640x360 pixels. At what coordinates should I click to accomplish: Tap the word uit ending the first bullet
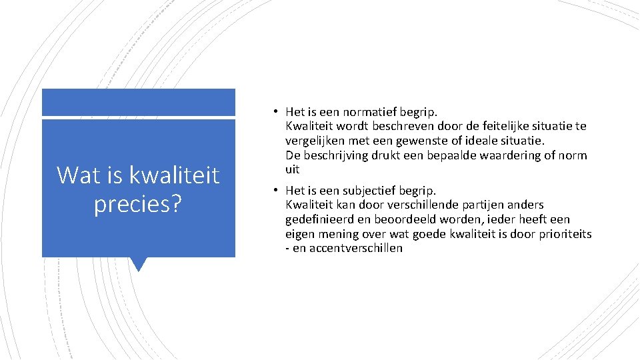(x=293, y=170)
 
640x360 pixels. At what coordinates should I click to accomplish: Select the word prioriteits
(x=563, y=234)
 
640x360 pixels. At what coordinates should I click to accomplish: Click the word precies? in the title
(x=138, y=204)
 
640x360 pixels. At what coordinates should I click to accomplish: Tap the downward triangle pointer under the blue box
(x=138, y=264)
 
